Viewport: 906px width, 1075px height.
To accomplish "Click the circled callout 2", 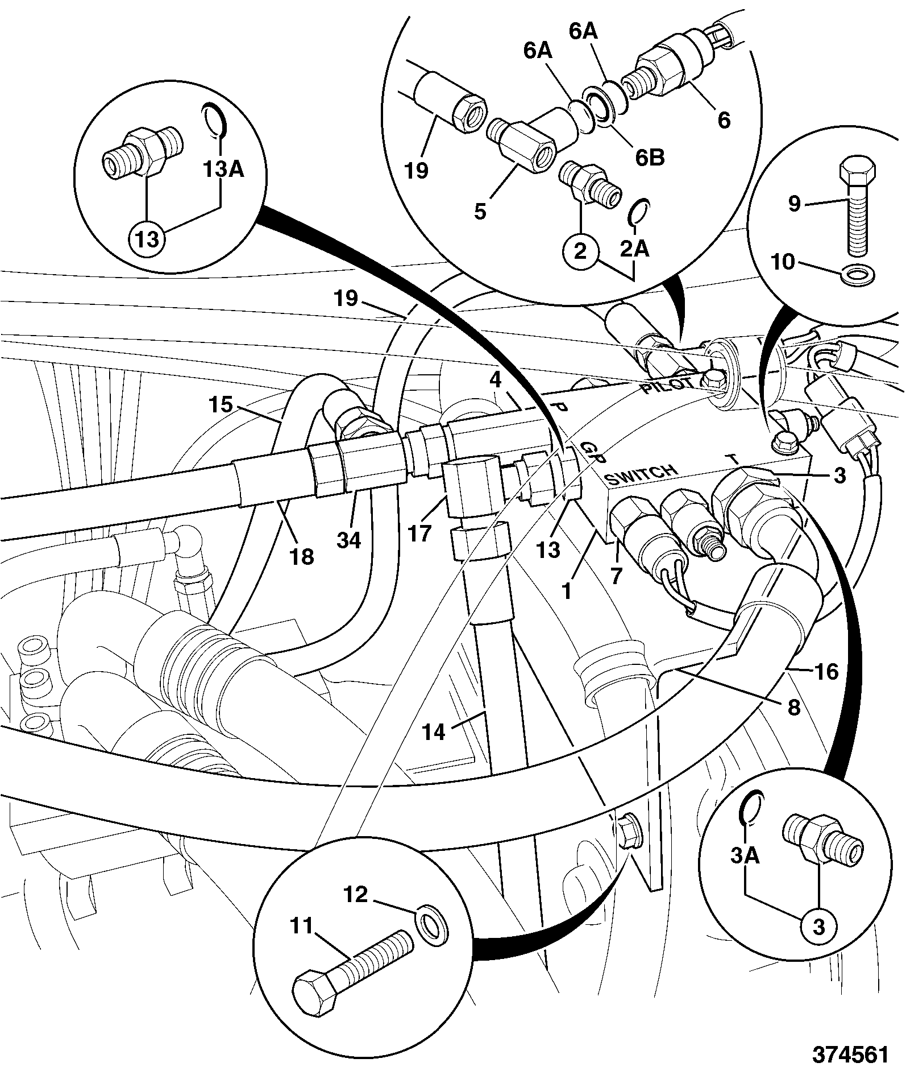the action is (x=580, y=251).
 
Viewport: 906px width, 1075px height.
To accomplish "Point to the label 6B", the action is (x=650, y=158).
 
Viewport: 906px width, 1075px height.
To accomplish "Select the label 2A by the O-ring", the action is (x=635, y=249).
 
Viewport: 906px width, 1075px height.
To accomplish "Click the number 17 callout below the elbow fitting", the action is (x=420, y=534).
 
